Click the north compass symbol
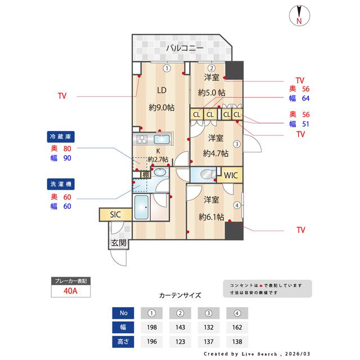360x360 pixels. (x=299, y=16)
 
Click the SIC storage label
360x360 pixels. (x=115, y=214)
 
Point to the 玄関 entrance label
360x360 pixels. (x=118, y=243)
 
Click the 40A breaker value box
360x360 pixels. (x=70, y=291)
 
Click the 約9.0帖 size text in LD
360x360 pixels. (x=161, y=107)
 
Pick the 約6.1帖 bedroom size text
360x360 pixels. (x=211, y=217)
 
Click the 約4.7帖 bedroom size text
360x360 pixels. (x=216, y=153)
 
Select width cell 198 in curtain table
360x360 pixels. (x=152, y=327)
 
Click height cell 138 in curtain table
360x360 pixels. (x=237, y=341)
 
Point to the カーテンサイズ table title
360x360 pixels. (x=180, y=295)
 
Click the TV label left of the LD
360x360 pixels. (x=62, y=96)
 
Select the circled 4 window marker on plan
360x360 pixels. (x=237, y=205)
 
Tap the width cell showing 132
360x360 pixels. (x=209, y=327)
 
